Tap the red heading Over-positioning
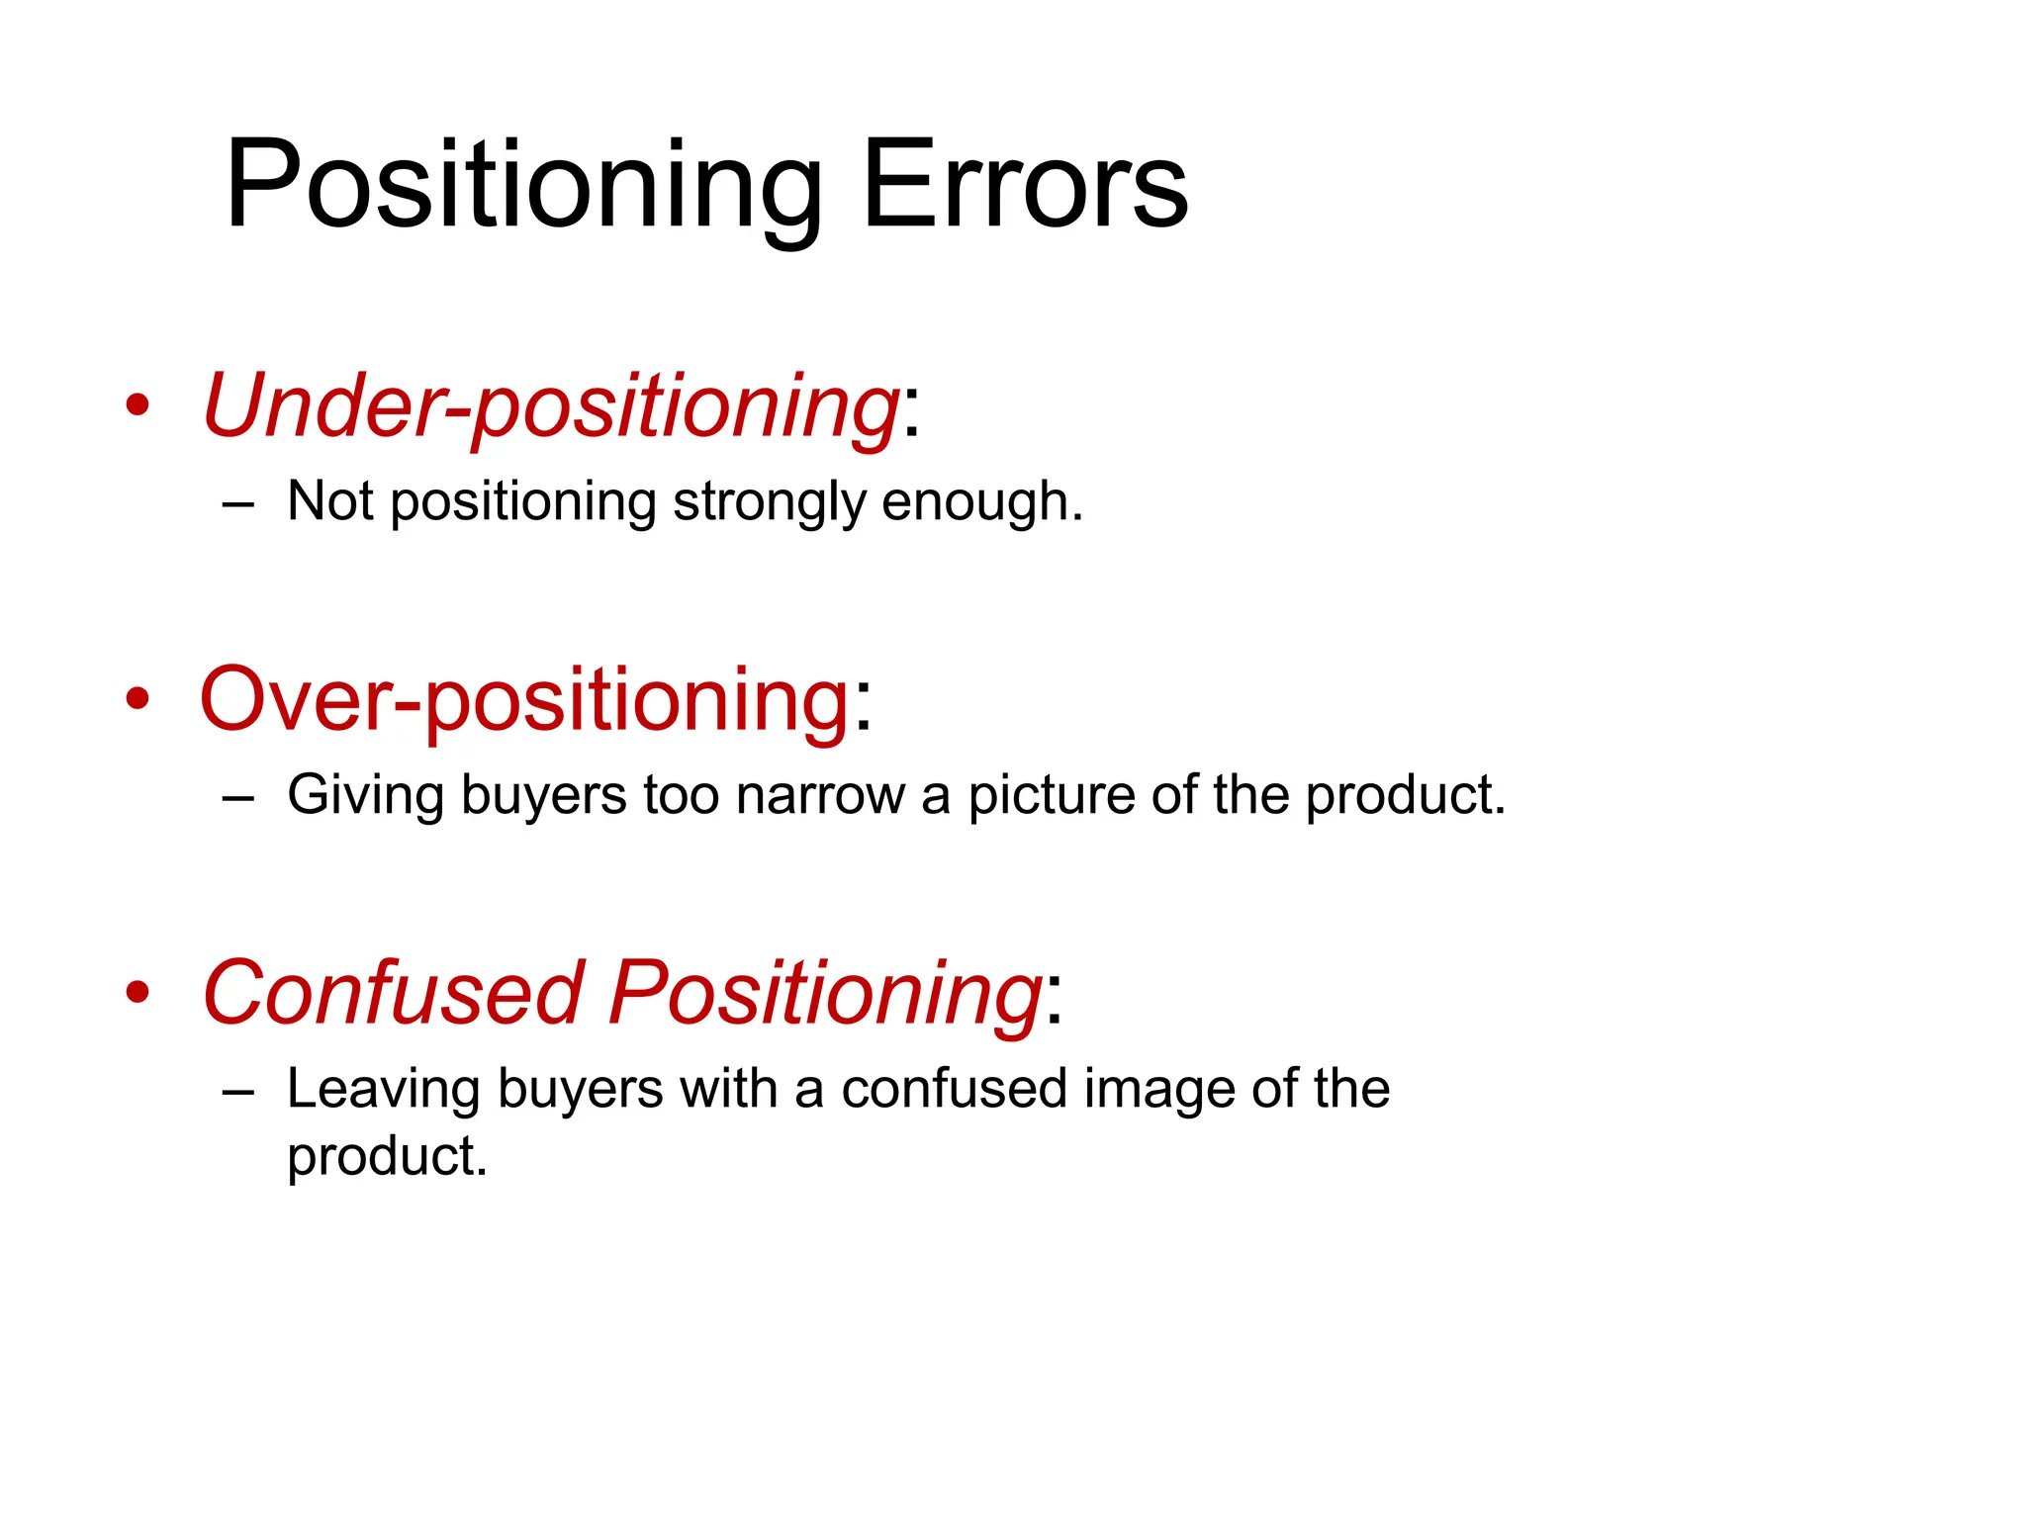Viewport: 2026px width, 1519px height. tap(524, 699)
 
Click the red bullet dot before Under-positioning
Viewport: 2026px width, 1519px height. tap(138, 405)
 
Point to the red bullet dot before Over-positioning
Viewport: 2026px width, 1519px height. tap(138, 699)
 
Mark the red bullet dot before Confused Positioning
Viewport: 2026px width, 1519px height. tap(138, 993)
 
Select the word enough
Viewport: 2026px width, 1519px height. tap(981, 502)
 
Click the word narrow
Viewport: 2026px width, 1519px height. tap(820, 795)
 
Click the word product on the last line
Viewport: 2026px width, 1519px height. tap(386, 1157)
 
